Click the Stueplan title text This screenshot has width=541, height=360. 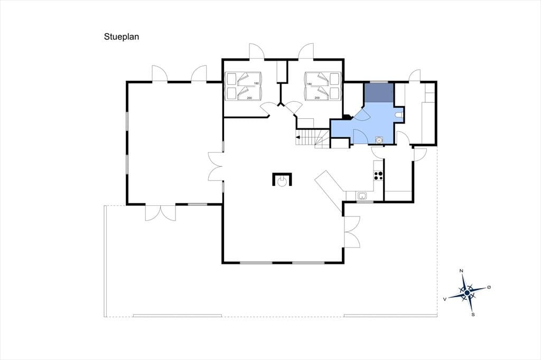point(122,37)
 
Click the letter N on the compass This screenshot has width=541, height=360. point(461,271)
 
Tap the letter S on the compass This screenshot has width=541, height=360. point(473,315)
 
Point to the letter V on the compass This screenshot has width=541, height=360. point(445,299)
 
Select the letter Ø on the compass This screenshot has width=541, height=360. point(489,287)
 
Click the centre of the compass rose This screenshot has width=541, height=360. point(467,293)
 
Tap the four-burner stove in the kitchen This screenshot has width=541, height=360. point(378,175)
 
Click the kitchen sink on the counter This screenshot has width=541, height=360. point(362,196)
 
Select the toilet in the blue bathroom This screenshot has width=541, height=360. point(399,115)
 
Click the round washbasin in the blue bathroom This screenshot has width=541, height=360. point(379,140)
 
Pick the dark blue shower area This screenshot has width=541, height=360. point(379,92)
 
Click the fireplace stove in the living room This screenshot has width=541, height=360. point(282,179)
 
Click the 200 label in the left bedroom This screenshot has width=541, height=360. point(249,98)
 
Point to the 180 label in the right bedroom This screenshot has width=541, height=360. point(309,84)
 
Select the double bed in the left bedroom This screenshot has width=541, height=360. point(243,86)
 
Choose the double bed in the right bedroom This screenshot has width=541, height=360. point(323,86)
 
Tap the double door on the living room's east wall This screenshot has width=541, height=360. point(352,232)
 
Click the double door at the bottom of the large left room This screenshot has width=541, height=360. point(161,213)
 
